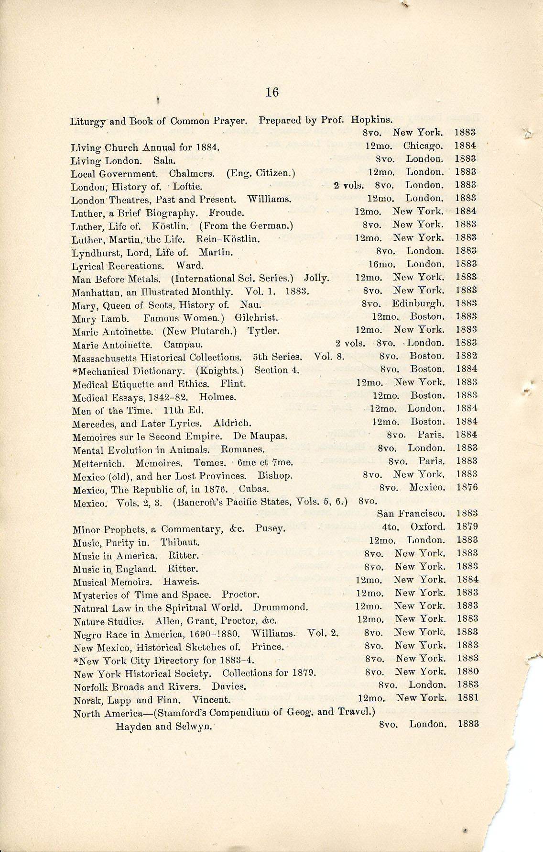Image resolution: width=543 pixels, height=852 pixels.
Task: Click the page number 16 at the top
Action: pyautogui.click(x=271, y=92)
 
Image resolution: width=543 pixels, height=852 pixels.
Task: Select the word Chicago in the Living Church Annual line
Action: pyautogui.click(x=423, y=146)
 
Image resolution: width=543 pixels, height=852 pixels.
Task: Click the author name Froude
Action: pyautogui.click(x=227, y=213)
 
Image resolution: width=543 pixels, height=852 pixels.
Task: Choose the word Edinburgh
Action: pyautogui.click(x=418, y=303)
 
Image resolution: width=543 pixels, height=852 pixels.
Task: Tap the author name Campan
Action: pyautogui.click(x=183, y=344)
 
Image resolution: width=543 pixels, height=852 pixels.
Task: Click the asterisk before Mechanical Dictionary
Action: pyautogui.click(x=75, y=370)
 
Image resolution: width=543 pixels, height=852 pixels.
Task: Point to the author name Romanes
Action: pyautogui.click(x=242, y=449)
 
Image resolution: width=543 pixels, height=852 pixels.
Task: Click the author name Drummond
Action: pyautogui.click(x=280, y=607)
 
